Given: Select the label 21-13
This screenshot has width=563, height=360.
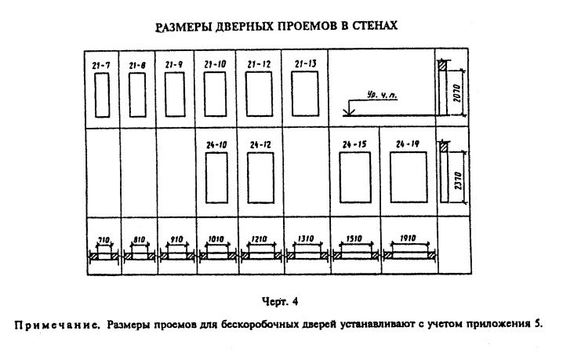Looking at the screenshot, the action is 306,64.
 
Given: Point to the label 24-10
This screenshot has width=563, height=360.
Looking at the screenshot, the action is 216,145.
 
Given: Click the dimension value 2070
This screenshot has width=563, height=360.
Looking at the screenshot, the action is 456,93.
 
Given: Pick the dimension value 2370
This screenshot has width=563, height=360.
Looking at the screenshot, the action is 458,180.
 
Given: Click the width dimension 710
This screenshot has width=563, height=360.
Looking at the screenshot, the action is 104,240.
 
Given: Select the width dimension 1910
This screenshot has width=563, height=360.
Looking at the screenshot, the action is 408,238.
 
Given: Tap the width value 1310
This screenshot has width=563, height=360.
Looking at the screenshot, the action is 306,238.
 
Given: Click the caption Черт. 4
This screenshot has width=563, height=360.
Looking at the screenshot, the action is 280,301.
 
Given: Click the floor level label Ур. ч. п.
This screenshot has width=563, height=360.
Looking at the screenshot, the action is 380,95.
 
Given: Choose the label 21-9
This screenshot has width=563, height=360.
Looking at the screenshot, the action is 174,64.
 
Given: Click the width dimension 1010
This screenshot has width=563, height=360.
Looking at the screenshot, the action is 216,239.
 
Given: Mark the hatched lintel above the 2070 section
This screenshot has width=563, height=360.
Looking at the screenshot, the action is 442,65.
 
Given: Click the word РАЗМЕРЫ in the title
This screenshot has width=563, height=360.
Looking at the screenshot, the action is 183,27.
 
